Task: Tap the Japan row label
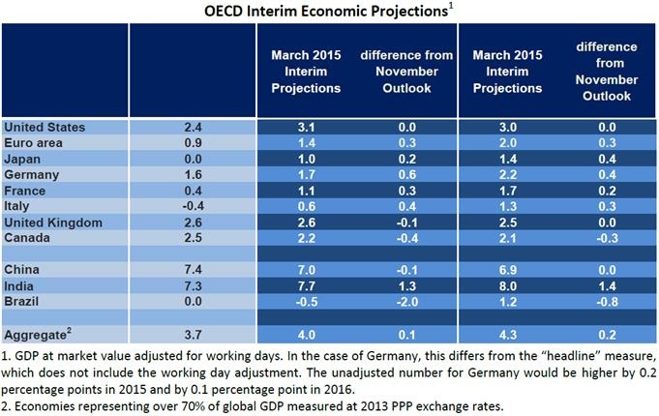[24, 159]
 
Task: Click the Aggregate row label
[37, 334]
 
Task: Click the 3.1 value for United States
[306, 127]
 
